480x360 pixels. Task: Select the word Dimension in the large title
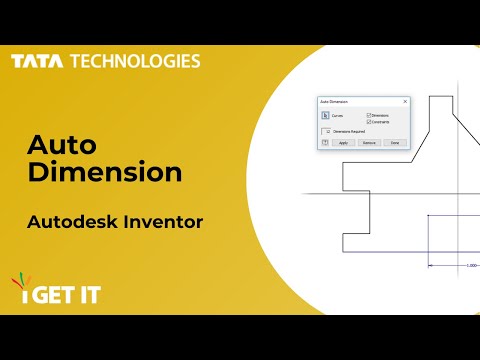[105, 172]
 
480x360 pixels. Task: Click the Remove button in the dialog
[369, 143]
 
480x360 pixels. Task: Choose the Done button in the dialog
[395, 143]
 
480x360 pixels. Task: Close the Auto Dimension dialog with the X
[404, 101]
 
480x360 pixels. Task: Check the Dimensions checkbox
[369, 115]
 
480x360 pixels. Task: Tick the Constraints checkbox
[369, 122]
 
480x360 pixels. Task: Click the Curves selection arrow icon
[325, 116]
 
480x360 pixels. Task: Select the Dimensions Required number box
[326, 132]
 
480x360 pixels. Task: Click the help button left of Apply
[324, 143]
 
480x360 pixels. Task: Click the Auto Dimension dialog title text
[333, 101]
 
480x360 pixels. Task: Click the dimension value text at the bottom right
[471, 265]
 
